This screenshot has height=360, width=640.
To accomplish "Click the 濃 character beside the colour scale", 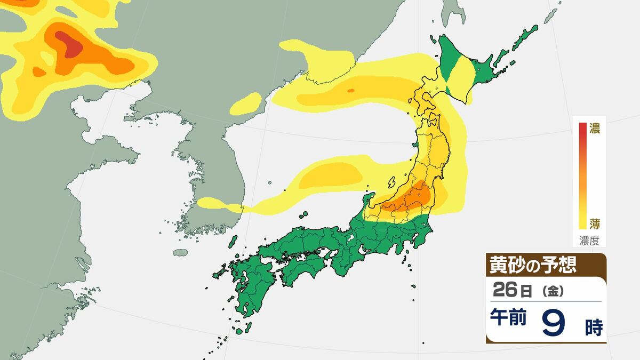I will click(x=594, y=129).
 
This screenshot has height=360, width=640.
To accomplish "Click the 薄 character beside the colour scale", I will click(x=594, y=223).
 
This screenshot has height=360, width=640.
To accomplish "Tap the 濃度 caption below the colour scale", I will click(x=589, y=241).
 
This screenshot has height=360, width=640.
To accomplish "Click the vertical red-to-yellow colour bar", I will click(x=582, y=176).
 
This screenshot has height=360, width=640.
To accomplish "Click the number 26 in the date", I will click(x=505, y=291).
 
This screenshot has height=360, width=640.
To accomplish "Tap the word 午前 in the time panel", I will click(x=508, y=319).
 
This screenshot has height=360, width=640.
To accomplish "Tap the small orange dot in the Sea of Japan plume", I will click(x=350, y=91).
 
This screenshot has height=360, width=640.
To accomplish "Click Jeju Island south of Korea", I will click(x=181, y=252).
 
